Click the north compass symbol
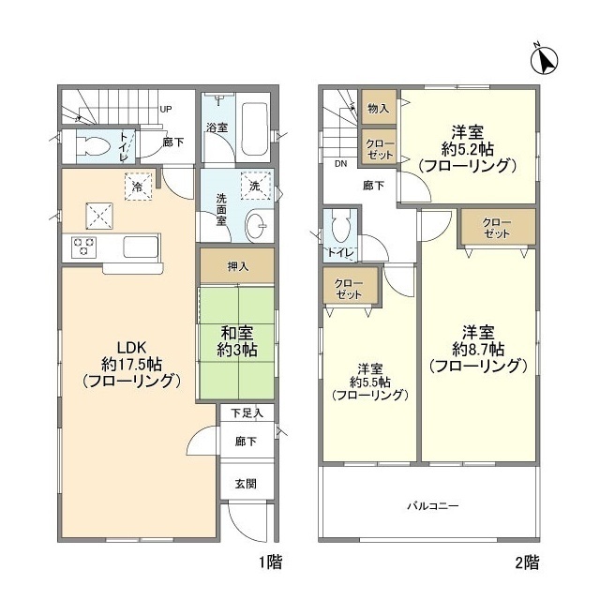(543, 60)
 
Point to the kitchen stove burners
(82, 247)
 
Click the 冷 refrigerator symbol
(138, 186)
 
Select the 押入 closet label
(237, 266)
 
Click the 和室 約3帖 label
(237, 339)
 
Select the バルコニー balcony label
(432, 506)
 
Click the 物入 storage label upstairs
(379, 109)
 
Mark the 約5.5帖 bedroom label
(368, 381)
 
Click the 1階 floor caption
(271, 562)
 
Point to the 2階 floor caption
(526, 562)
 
